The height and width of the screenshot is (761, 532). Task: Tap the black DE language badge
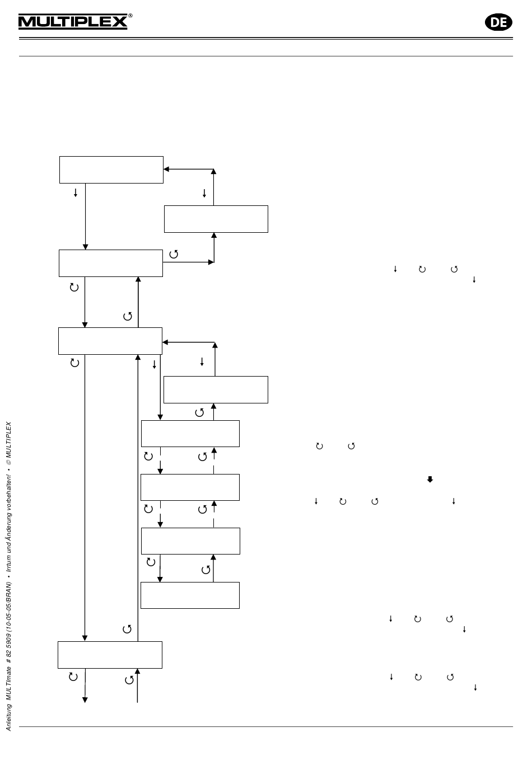[x=498, y=22]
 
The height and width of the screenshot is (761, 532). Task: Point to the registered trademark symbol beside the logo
[x=130, y=16]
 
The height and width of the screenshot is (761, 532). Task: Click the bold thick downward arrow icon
[x=430, y=479]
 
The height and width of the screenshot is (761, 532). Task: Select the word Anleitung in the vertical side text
[x=9, y=717]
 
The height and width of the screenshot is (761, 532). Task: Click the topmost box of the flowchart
[x=111, y=170]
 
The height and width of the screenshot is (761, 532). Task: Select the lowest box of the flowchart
[x=110, y=655]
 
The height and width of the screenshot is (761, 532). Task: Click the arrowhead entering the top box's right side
[x=166, y=169]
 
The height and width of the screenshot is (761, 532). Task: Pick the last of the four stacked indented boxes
[x=190, y=595]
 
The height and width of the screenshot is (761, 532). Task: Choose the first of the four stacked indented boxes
[x=190, y=434]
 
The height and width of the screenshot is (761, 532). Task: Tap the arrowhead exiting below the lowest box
[x=85, y=699]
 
